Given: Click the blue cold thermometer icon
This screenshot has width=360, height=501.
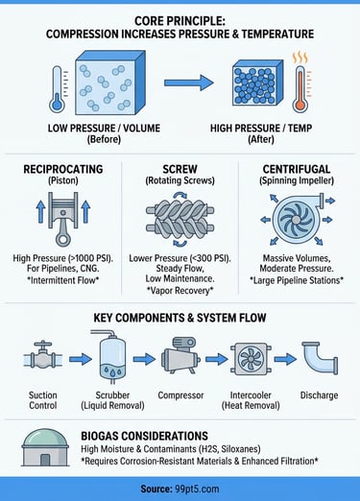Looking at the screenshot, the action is (x=57, y=89).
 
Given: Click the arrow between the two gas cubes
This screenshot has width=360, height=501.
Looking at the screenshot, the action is (x=189, y=83).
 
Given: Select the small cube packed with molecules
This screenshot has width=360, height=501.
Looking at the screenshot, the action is (x=257, y=83).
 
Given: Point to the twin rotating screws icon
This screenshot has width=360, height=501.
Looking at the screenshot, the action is (x=180, y=219).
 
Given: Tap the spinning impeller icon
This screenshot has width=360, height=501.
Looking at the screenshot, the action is (x=296, y=219).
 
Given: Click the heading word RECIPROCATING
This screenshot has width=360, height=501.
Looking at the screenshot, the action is (x=63, y=169).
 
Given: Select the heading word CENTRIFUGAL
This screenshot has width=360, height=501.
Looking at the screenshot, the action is (x=297, y=169).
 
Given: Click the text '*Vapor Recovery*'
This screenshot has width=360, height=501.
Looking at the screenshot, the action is (x=180, y=291).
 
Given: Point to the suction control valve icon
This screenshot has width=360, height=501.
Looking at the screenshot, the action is (x=43, y=357).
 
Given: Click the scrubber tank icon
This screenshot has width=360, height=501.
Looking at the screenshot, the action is (x=111, y=357).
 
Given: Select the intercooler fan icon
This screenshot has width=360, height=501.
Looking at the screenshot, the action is (x=251, y=358).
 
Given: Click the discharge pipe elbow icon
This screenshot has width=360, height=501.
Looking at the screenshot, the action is (x=320, y=358).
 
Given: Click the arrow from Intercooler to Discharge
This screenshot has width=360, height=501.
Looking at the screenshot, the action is (x=285, y=359).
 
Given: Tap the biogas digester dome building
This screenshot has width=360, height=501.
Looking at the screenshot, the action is (x=45, y=447).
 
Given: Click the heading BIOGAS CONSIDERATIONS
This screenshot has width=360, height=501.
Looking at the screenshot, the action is (x=144, y=436).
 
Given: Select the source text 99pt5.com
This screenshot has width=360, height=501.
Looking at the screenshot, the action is (x=197, y=489).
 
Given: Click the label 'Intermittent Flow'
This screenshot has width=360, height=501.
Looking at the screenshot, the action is (x=63, y=280).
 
